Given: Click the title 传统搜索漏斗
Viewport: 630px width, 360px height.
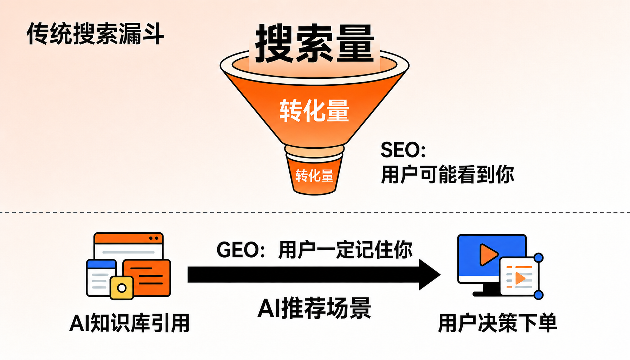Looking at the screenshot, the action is (x=95, y=33).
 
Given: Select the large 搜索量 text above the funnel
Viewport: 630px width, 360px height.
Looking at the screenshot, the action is (x=315, y=44).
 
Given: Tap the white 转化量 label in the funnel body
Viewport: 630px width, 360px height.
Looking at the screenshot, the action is (x=314, y=111).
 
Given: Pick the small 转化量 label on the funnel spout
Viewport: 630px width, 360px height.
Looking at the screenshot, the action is (x=314, y=175).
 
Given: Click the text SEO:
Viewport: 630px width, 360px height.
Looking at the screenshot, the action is (x=403, y=150).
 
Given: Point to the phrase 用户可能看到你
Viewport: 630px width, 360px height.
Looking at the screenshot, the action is (x=448, y=174).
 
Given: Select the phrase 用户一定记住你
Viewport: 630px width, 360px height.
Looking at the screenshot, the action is (x=345, y=250).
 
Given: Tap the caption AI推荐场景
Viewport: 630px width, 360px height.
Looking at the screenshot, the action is (x=314, y=308).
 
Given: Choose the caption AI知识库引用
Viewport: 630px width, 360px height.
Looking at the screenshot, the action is (x=130, y=323).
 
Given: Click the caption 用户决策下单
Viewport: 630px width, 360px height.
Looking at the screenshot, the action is (x=497, y=323).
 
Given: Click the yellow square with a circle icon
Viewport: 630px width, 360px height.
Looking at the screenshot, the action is (x=122, y=288).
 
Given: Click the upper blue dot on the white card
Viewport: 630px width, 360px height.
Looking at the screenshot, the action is (x=538, y=258).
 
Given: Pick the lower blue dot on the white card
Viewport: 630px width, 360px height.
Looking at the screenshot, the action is (x=538, y=295).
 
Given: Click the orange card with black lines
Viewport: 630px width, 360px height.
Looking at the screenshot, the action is (x=147, y=278).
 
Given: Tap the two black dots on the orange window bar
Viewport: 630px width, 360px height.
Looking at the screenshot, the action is (x=154, y=238).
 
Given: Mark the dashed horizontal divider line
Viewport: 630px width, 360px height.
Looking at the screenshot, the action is (x=315, y=212).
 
